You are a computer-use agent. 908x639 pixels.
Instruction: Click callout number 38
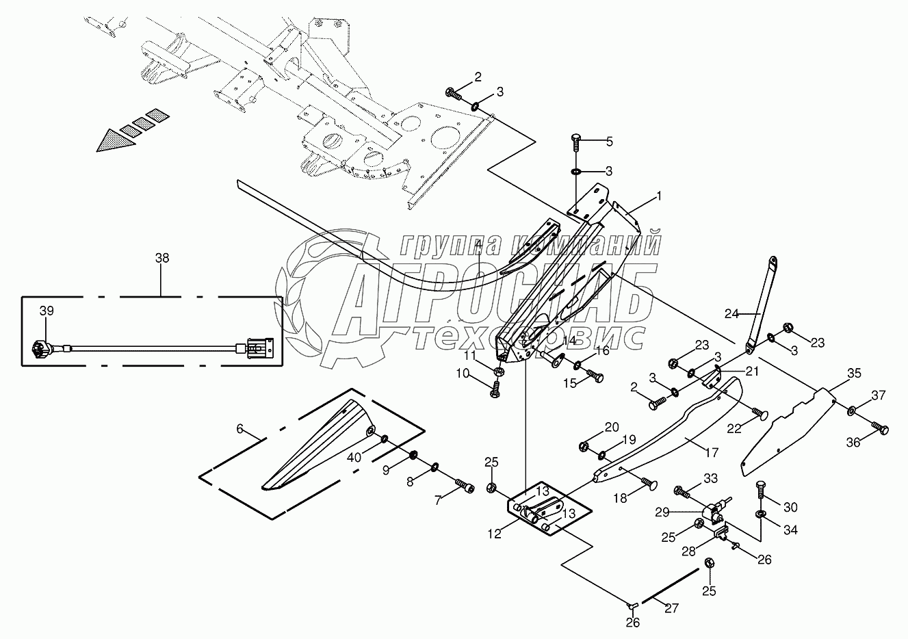point(161,259)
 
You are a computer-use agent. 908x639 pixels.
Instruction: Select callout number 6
point(239,429)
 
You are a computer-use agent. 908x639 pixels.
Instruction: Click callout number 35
point(854,374)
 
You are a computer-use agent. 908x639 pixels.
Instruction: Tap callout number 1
point(658,196)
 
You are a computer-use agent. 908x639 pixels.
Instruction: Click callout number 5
point(609,142)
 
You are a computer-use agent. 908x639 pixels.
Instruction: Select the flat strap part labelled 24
point(761,301)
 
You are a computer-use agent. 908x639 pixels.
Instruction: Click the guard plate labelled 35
point(787,424)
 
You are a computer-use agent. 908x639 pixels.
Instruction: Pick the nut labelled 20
point(583,447)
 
